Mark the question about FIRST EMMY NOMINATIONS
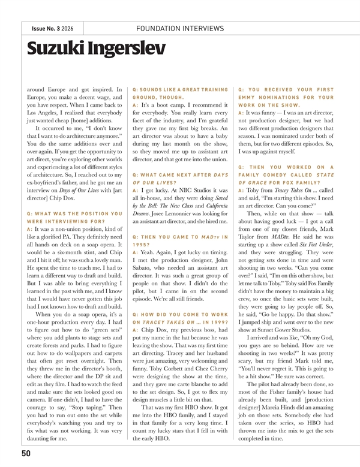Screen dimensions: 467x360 tap(286, 98)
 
